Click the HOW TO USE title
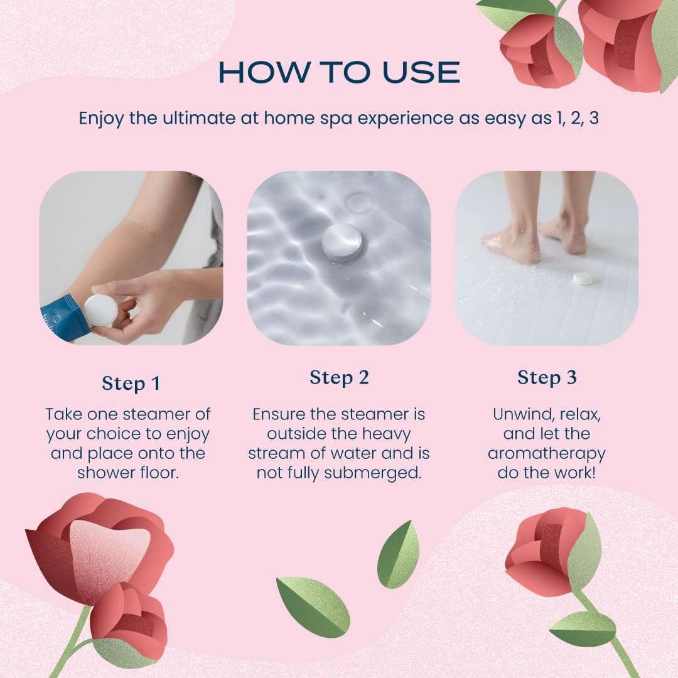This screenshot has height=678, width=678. (339, 72)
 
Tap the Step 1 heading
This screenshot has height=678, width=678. (131, 383)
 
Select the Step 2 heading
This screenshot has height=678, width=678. (339, 377)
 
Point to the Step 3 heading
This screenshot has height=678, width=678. (547, 377)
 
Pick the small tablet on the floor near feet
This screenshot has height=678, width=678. (583, 279)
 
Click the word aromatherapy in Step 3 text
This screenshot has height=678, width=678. (547, 454)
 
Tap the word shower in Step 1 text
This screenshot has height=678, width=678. (106, 473)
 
